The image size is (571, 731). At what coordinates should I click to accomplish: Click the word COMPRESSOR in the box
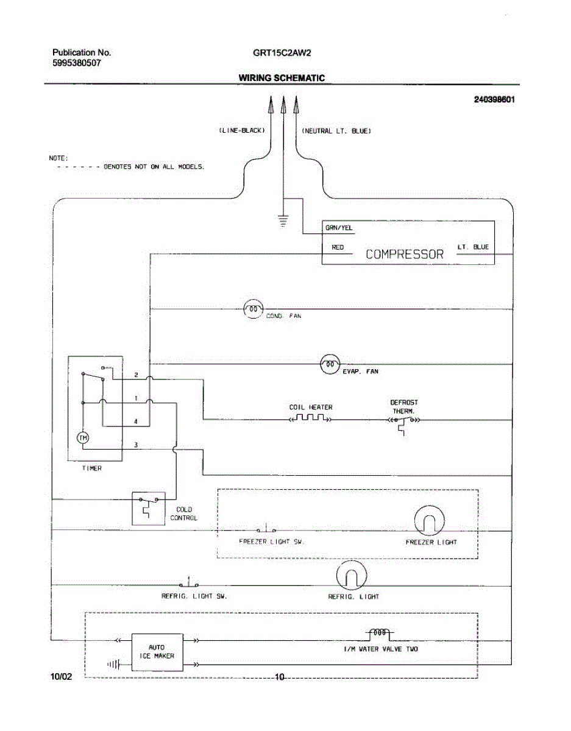click(405, 255)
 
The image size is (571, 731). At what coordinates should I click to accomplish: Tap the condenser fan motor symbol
click(253, 309)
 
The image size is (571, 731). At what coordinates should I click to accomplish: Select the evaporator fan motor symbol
click(330, 364)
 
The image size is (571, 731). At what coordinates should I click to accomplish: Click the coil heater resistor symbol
click(310, 418)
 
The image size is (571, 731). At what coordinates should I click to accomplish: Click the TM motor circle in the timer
click(83, 437)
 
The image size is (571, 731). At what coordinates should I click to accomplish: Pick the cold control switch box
click(148, 508)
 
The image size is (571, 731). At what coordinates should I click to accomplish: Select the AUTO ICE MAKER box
click(157, 651)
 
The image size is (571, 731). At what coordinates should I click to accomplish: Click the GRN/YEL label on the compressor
click(339, 228)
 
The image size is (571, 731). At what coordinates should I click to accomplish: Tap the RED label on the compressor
click(338, 247)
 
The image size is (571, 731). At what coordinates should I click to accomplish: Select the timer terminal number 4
click(136, 421)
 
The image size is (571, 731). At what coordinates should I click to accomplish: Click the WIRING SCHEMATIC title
click(282, 78)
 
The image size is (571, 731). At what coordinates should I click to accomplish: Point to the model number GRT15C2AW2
click(282, 52)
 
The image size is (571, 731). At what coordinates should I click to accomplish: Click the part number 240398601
click(494, 100)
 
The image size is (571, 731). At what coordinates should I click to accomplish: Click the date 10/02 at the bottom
click(62, 677)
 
